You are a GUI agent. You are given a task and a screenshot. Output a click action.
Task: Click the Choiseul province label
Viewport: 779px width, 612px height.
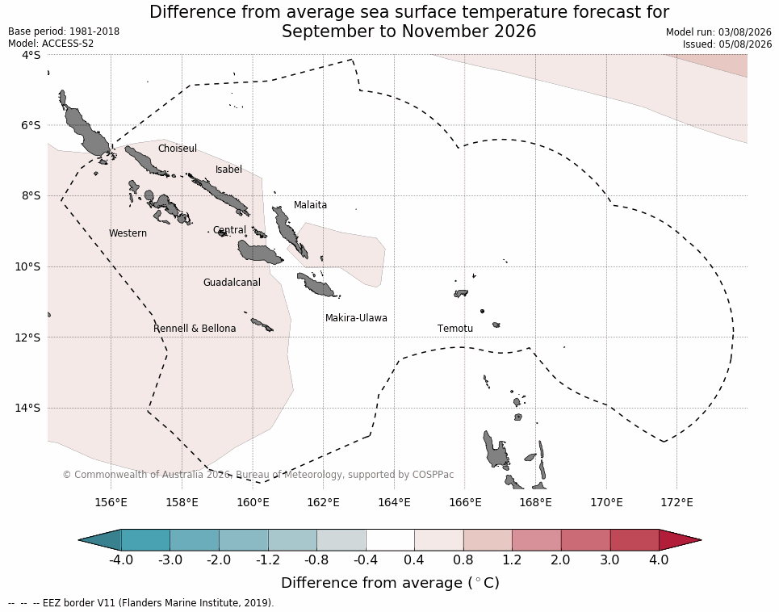point(178,149)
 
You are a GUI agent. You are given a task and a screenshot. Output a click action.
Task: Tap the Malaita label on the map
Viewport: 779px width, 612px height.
point(310,204)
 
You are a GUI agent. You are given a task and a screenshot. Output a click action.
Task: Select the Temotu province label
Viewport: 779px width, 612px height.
point(455,329)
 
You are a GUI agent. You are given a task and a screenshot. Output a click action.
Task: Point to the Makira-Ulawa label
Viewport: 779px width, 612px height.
point(356,318)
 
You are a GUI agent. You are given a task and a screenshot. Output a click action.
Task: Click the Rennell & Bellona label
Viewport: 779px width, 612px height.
point(195,329)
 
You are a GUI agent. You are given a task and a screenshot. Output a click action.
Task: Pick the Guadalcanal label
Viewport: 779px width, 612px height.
point(232,282)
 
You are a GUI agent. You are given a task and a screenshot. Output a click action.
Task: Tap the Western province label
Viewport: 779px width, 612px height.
point(128,233)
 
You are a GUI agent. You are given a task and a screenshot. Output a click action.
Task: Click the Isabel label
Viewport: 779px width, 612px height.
point(228,170)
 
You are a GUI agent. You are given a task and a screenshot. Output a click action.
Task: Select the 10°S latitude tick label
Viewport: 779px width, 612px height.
point(27,266)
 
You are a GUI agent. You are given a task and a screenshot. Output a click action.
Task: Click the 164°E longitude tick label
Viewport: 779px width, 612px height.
point(395,502)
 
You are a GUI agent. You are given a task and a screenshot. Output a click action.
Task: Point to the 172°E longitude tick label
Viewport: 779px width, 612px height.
point(677,502)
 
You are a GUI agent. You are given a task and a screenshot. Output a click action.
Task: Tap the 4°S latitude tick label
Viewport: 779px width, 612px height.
point(31,55)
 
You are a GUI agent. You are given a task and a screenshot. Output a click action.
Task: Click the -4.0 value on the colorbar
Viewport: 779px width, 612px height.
point(121,560)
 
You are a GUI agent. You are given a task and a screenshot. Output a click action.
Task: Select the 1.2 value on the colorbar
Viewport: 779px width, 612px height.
point(512,560)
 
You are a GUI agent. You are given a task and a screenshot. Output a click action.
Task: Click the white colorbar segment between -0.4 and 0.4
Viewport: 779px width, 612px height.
point(390,540)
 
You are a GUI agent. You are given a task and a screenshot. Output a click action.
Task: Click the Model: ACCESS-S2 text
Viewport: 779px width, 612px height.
point(51,44)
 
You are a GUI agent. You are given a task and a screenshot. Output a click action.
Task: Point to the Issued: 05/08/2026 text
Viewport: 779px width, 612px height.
point(727,44)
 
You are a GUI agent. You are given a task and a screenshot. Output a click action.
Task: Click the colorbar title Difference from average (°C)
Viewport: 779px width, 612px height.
point(390,582)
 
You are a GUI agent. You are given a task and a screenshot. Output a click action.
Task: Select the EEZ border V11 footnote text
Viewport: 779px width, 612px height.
point(140,603)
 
